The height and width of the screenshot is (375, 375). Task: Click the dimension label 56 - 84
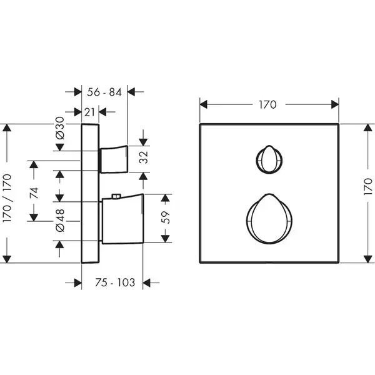pyautogui.click(x=104, y=92)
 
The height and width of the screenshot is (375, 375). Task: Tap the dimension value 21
pyautogui.click(x=89, y=112)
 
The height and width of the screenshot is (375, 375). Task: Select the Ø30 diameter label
pyautogui.click(x=60, y=128)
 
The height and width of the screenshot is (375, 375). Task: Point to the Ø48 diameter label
pyautogui.click(x=60, y=220)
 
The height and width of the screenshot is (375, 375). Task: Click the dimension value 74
pyautogui.click(x=34, y=193)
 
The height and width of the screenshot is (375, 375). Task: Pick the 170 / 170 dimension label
pyautogui.click(x=7, y=198)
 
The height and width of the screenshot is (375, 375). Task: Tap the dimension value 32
pyautogui.click(x=144, y=157)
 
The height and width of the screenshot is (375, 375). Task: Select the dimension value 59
pyautogui.click(x=166, y=217)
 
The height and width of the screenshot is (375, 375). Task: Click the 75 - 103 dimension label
pyautogui.click(x=115, y=282)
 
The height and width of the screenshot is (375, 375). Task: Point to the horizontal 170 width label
pyautogui.click(x=268, y=104)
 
